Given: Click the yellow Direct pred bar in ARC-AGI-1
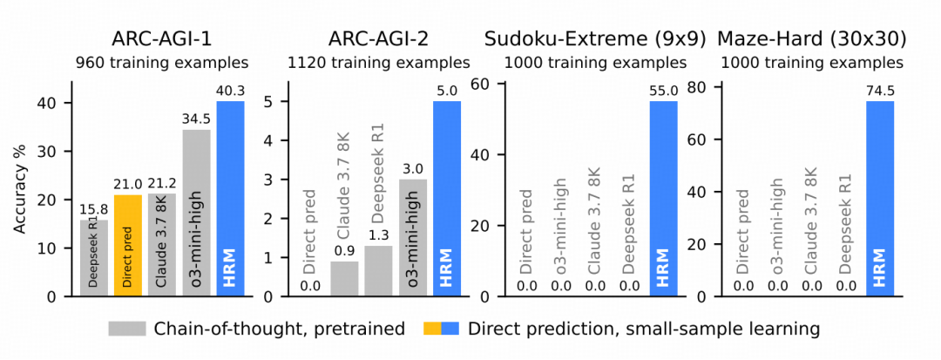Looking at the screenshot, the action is coord(128,246).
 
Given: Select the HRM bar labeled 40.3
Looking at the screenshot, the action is coord(230,199).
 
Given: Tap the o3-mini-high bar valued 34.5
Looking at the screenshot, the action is coord(196,213).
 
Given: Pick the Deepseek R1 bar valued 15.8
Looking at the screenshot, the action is coord(93,258).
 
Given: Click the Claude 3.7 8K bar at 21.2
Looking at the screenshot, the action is coord(162,245).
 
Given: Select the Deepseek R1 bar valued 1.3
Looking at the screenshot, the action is coord(378,271).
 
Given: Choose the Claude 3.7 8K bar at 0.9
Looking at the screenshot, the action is coord(344,279).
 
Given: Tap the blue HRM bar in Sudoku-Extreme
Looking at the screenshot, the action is coord(664,199).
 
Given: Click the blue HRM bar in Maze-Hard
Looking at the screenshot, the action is coord(880,199).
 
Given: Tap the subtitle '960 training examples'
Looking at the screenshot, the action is coord(162,63).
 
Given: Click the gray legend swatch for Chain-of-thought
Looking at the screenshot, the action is coord(127,329).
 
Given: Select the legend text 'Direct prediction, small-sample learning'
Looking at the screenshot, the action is coord(643,329).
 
